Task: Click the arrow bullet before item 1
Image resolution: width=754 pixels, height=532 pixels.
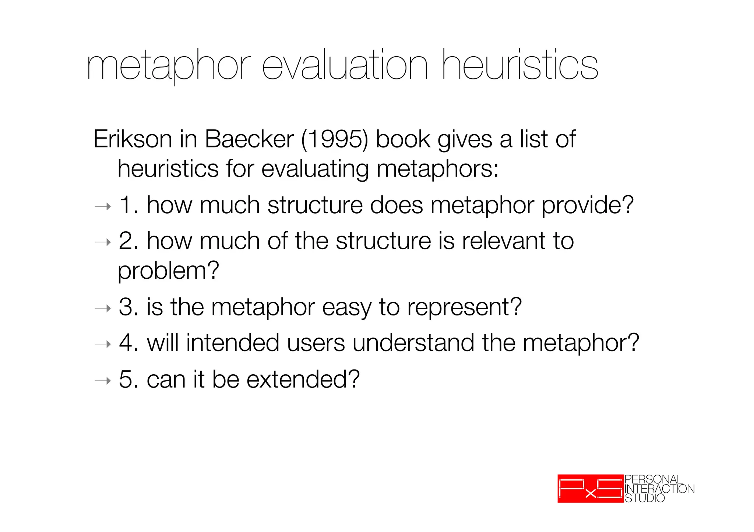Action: click(x=102, y=207)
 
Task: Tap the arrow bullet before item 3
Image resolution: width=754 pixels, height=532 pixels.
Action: click(x=102, y=308)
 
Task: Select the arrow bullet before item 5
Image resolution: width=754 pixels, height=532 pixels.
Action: click(x=102, y=381)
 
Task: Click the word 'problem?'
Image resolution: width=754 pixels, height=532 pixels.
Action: click(x=168, y=271)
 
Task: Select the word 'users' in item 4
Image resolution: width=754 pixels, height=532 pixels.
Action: click(x=316, y=343)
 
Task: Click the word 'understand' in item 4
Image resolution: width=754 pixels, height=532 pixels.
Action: click(x=413, y=343)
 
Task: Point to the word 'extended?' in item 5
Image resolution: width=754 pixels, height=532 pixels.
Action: click(x=303, y=379)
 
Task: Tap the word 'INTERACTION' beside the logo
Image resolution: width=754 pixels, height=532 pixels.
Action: click(x=659, y=489)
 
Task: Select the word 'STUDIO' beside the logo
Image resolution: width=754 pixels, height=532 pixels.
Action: click(x=645, y=499)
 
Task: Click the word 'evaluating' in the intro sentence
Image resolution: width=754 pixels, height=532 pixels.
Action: click(x=315, y=169)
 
